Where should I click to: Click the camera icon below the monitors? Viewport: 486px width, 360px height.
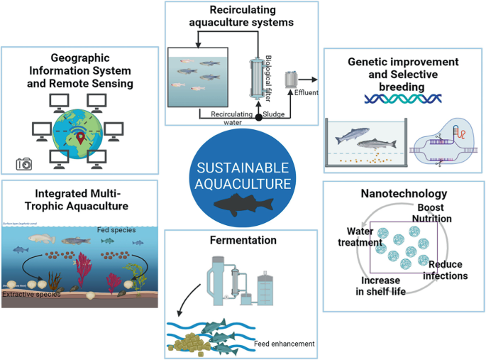click(24, 164)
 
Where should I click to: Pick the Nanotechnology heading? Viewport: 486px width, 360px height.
click(403, 193)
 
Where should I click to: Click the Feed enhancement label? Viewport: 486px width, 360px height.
click(284, 344)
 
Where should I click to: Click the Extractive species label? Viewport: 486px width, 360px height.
click(31, 293)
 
